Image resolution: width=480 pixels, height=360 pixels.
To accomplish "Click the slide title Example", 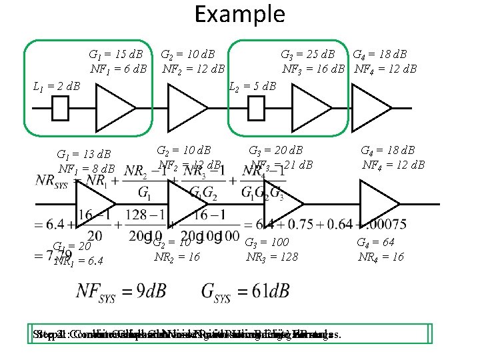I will tap(239, 13).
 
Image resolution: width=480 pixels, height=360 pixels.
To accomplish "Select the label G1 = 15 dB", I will tap(117, 54).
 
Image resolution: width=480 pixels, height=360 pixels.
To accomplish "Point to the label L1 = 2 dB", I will tap(57, 86).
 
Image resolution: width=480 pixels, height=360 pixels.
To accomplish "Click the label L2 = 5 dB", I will tap(253, 86).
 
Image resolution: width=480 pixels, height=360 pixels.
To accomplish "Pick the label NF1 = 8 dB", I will tap(87, 169).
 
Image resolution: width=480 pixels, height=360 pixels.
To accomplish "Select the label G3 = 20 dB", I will tap(275, 150).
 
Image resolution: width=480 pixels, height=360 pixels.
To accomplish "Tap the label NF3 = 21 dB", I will tap(281, 164).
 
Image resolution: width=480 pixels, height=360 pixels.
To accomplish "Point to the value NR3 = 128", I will tap(272, 257).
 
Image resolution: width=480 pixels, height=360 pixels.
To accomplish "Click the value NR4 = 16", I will tap(381, 257).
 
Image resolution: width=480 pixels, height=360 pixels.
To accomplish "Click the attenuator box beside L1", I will tap(61, 108).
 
